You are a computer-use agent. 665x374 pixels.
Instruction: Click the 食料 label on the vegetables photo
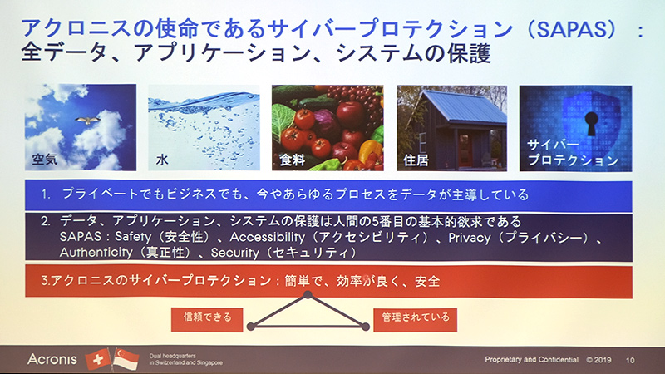(x=292, y=156)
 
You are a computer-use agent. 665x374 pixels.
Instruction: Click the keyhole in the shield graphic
(x=591, y=125)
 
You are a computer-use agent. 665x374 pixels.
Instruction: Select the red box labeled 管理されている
(x=415, y=317)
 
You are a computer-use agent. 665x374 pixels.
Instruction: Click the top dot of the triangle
(x=308, y=294)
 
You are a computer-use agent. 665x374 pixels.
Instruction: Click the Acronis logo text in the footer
(x=52, y=359)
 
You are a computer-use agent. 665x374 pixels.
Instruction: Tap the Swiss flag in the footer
(x=97, y=358)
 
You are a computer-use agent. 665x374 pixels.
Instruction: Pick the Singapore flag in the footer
(x=126, y=359)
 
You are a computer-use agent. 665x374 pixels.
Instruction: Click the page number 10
(x=630, y=360)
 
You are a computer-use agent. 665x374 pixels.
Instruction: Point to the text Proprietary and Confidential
(x=531, y=360)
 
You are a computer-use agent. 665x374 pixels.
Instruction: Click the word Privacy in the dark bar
(x=470, y=238)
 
